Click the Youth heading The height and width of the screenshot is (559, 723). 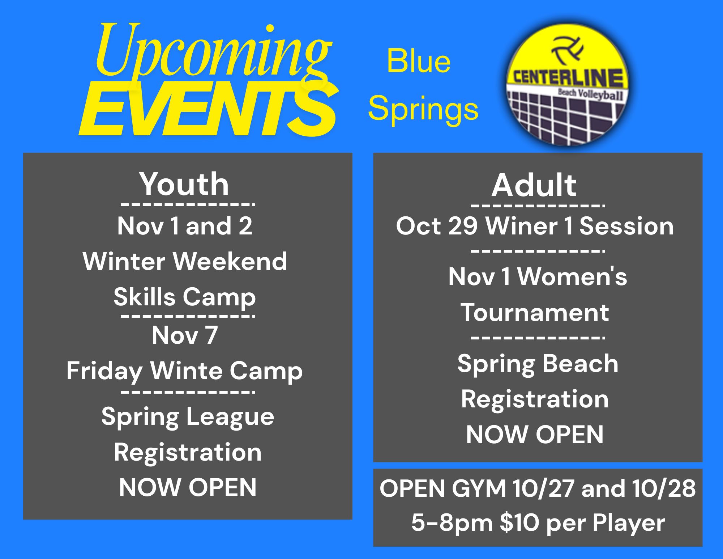184,184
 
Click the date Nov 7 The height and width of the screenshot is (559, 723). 185,335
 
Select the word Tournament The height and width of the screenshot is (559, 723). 535,312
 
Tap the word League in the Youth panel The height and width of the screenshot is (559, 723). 230,417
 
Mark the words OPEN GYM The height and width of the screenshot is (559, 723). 442,488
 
